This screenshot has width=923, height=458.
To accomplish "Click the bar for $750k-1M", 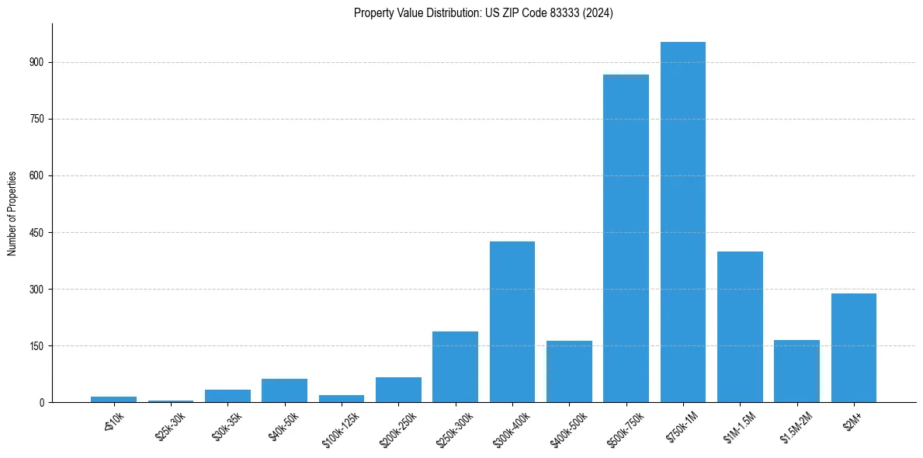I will point(683,222).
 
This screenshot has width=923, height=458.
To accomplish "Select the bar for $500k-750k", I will point(626,238).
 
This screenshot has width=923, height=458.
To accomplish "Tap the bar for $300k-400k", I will point(512,322).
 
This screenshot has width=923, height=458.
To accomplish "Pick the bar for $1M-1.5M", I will point(740,327).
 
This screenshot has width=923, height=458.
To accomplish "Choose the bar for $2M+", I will point(854,348).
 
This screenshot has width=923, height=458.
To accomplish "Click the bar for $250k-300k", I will point(455,367).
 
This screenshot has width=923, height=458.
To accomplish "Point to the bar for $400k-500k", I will point(569,372).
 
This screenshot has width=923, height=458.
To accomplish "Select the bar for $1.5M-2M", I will point(796,371).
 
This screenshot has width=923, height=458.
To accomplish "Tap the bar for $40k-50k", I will point(284,390).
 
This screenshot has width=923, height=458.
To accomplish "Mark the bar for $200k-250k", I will point(398,390).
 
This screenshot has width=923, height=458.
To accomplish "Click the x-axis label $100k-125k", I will point(341,425).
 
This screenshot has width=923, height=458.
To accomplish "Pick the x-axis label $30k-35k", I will point(228,424).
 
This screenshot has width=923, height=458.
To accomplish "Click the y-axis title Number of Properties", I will point(12,213).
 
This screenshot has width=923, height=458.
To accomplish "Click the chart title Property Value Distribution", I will point(484,13).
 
